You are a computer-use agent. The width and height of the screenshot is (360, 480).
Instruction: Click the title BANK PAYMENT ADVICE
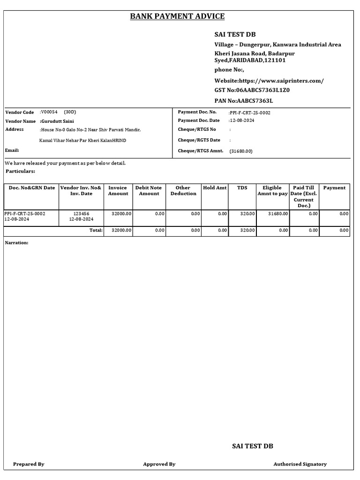177,16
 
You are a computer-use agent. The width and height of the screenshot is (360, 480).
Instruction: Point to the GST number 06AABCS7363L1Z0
263,90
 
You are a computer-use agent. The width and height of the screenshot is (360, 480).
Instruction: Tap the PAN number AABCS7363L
255,101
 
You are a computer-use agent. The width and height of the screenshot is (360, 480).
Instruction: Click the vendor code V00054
49,112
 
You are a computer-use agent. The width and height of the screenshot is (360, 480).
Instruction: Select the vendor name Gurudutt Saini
57,121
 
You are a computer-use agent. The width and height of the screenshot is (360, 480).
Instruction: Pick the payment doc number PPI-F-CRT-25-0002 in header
249,112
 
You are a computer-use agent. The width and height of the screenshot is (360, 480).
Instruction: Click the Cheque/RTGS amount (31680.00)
241,151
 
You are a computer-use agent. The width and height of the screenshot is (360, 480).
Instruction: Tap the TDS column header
242,187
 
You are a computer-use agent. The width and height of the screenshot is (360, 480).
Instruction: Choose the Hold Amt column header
215,187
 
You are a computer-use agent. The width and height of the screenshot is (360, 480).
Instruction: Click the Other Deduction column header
183,190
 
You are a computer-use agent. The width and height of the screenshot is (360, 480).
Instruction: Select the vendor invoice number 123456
81,213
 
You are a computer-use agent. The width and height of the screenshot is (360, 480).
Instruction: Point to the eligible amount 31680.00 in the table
278,213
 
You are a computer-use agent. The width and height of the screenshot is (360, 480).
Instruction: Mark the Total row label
96,230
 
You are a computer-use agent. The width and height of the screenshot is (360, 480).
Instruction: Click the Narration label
16,243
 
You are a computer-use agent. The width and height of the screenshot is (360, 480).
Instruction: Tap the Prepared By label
29,464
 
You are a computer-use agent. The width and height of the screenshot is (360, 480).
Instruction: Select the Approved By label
159,464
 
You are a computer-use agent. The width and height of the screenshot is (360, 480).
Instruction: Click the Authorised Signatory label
300,464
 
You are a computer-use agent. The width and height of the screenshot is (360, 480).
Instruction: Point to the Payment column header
334,187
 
